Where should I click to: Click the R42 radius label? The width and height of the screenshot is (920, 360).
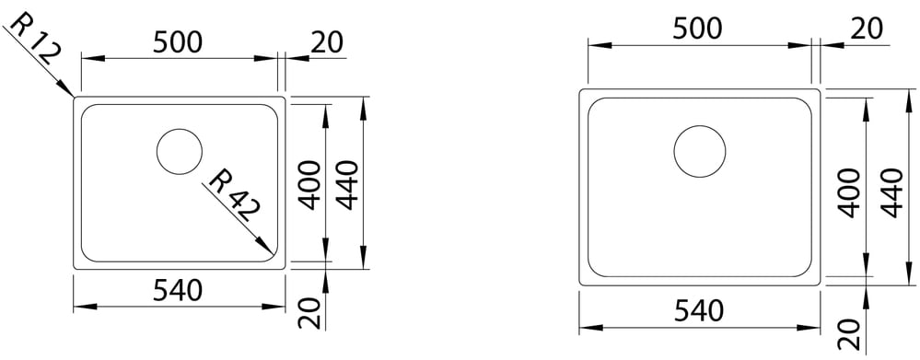(234, 194)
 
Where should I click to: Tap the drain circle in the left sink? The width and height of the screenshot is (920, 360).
(180, 151)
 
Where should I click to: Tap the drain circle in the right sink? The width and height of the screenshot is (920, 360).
(699, 151)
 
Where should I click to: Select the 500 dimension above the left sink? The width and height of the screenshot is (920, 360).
(178, 42)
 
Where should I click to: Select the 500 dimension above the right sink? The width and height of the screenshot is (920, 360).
(697, 29)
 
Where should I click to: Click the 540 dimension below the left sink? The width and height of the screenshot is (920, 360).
(178, 290)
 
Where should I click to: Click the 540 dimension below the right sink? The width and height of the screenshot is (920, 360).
(698, 311)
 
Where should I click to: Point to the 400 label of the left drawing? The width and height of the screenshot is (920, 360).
(310, 185)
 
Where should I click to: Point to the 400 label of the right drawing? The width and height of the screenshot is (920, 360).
(849, 193)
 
